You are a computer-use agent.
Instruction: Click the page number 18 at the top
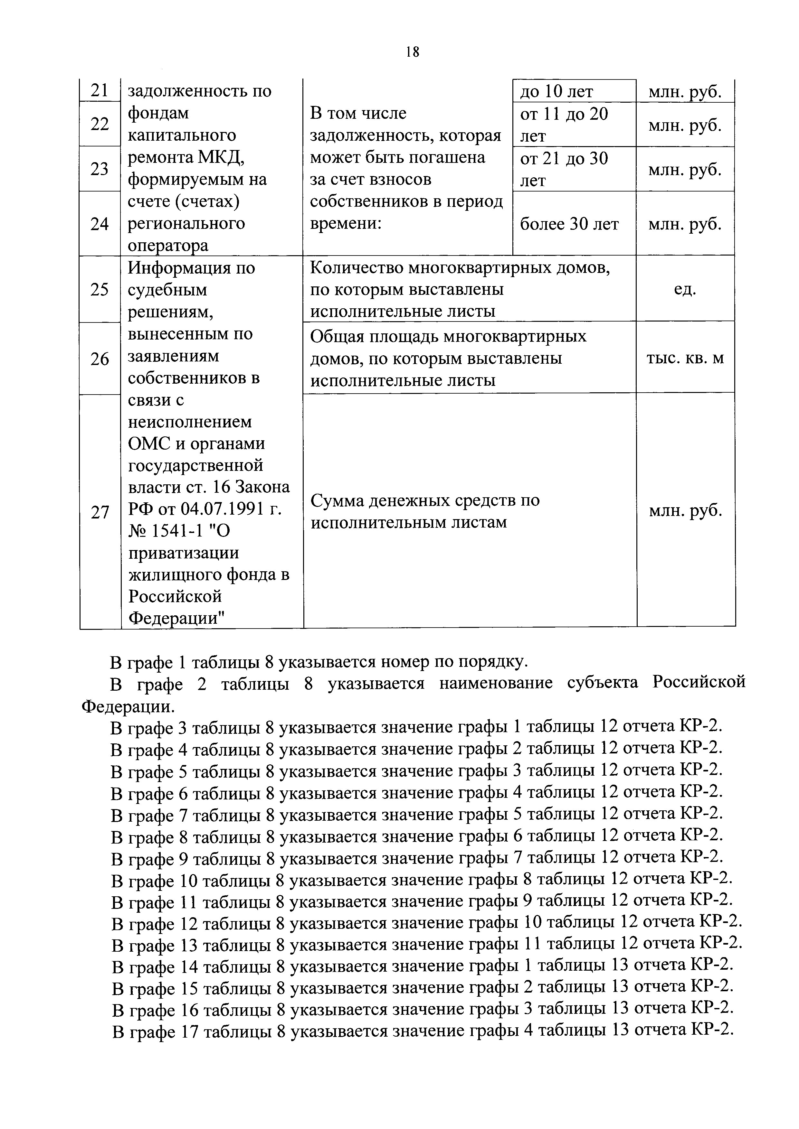412,51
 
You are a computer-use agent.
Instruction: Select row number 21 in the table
100,90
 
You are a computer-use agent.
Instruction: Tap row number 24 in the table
100,224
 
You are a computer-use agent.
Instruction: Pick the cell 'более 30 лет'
569,224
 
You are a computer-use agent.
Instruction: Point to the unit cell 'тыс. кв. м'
685,358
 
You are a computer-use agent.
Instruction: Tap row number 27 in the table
100,512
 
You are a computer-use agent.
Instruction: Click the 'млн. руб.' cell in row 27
685,511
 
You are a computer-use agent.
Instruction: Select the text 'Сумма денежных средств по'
425,500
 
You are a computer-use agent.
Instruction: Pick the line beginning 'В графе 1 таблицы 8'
319,662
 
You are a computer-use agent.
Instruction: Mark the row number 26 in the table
100,359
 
